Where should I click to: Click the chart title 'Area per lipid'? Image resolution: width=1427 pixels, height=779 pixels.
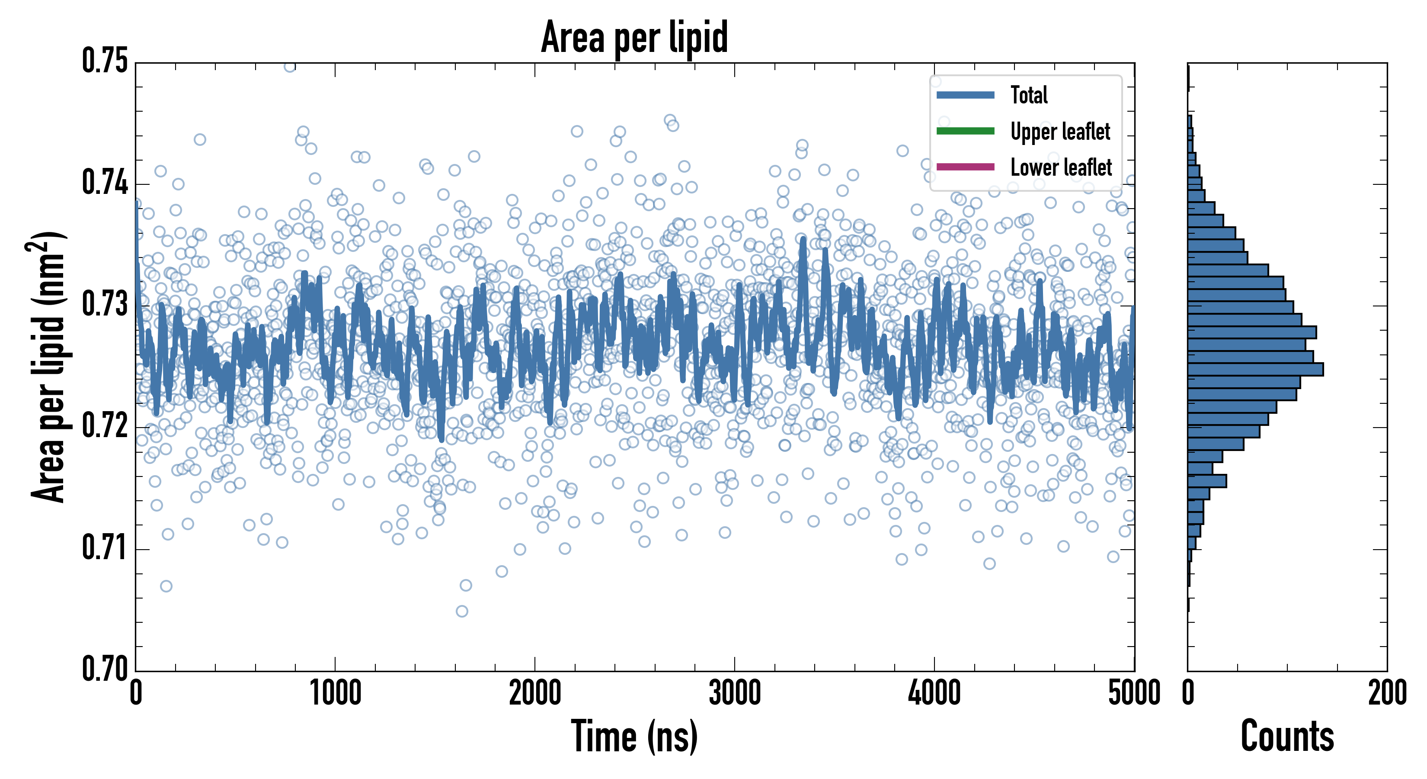[x=634, y=37]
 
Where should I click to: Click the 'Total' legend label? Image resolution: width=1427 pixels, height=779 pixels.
[x=1029, y=95]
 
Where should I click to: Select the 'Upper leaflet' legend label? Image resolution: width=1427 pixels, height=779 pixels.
[x=1060, y=132]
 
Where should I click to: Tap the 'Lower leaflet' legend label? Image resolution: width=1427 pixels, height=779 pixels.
[x=1061, y=167]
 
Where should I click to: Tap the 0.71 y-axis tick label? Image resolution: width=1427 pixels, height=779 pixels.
[x=105, y=548]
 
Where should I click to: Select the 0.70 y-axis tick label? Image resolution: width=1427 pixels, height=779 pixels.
[x=105, y=669]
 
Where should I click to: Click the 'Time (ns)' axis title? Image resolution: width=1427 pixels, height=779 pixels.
[x=634, y=736]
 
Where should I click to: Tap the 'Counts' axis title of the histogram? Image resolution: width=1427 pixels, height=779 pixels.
[x=1287, y=736]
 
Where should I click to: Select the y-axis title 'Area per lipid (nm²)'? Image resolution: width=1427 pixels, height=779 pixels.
[x=47, y=367]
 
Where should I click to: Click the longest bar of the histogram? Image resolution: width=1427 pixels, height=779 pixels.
[x=1255, y=369]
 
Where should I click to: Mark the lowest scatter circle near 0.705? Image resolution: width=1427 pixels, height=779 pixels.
[x=462, y=611]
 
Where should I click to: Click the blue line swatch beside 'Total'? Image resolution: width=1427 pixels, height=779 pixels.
[x=965, y=95]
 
